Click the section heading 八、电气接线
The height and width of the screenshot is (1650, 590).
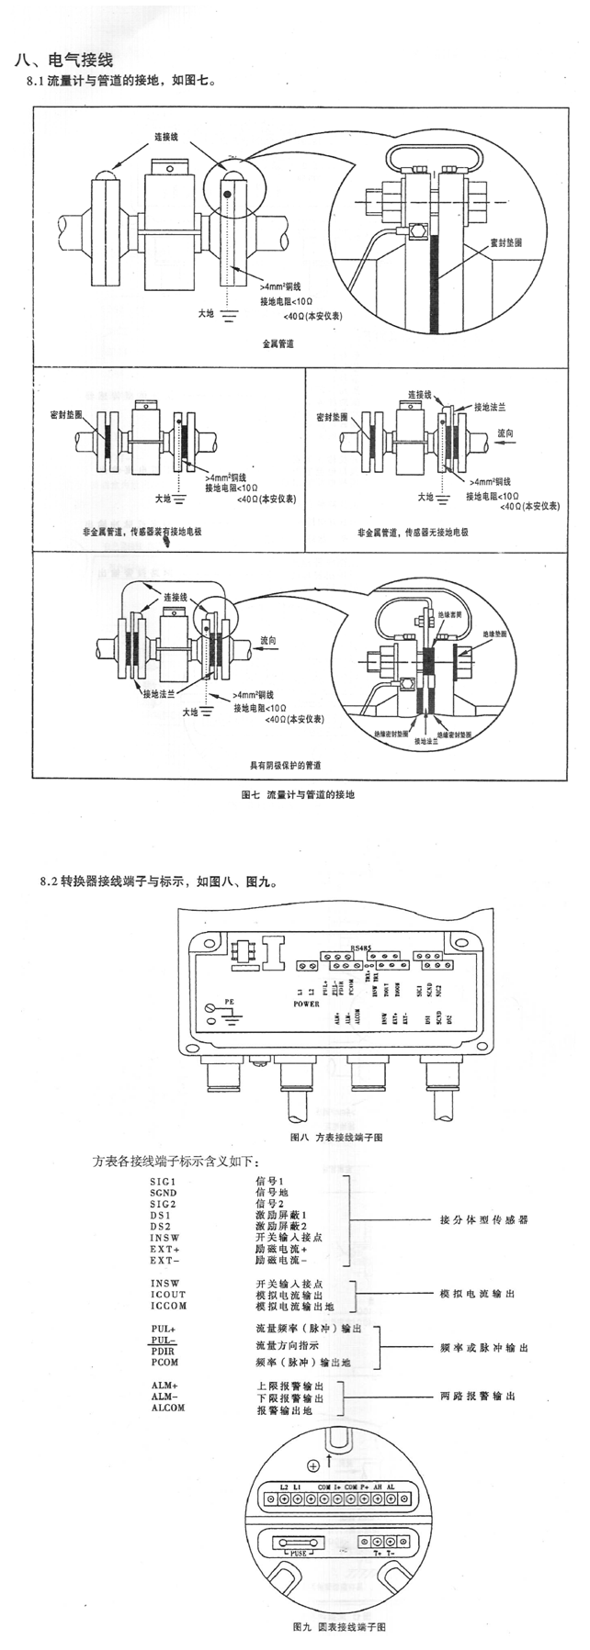click(62, 62)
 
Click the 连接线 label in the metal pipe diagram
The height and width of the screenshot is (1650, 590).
click(165, 137)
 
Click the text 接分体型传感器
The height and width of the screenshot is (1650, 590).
click(483, 1220)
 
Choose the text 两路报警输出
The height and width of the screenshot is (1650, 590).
click(476, 1396)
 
